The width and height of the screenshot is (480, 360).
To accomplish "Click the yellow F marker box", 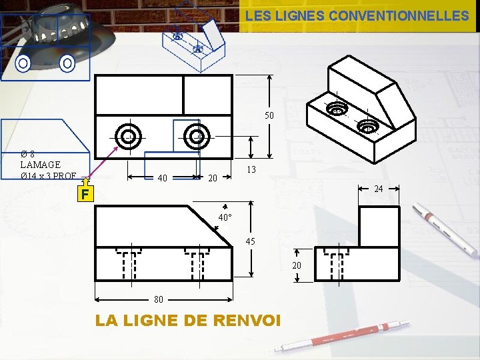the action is (x=85, y=194).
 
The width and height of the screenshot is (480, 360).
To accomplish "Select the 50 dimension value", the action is (x=269, y=115).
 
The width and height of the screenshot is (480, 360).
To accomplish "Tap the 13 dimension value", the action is (x=251, y=169).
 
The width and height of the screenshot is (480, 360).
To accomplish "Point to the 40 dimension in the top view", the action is (x=162, y=178).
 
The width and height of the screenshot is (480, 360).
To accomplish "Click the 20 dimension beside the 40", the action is (x=213, y=178).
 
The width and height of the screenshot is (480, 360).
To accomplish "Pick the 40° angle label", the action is (x=225, y=217).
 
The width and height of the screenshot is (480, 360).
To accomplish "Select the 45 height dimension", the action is (x=251, y=241).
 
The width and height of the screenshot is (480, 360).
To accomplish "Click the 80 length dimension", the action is (x=159, y=299).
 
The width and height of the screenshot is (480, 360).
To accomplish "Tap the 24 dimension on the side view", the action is (x=379, y=189).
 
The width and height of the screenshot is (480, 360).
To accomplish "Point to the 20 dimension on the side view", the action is (x=297, y=265).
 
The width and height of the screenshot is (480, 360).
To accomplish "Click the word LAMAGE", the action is (x=41, y=165).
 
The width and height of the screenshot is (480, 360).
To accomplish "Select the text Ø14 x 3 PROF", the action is (x=49, y=176).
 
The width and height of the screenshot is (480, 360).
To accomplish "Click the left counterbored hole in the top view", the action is (x=128, y=137).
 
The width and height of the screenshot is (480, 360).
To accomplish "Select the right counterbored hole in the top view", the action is (x=197, y=137).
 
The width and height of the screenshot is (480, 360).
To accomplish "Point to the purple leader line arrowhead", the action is (x=116, y=149).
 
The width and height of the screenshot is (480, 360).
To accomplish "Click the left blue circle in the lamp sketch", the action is (x=23, y=63).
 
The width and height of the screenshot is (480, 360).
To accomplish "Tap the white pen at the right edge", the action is (x=445, y=229).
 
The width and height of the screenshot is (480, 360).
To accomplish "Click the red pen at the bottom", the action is (x=342, y=336).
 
